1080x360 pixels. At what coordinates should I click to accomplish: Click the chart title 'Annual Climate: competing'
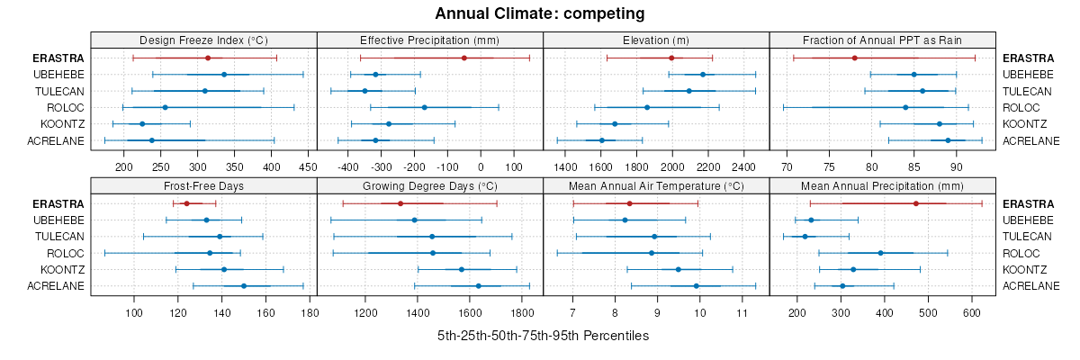click(x=540, y=13)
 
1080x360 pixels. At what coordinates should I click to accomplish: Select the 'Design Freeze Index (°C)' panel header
click(x=204, y=40)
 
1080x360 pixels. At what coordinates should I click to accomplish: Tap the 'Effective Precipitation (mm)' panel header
click(x=429, y=40)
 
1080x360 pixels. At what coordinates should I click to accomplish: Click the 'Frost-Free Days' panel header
click(x=204, y=186)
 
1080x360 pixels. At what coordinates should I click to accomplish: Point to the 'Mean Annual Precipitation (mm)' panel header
click(x=882, y=186)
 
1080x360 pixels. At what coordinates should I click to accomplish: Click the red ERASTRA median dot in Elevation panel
click(x=671, y=58)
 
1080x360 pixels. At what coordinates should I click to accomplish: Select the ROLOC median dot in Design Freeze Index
click(x=165, y=107)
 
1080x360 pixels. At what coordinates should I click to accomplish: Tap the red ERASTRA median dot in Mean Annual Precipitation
click(x=916, y=203)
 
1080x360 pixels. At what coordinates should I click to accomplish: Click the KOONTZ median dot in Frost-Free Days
click(x=224, y=269)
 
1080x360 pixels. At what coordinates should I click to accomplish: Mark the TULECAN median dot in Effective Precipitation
click(x=364, y=91)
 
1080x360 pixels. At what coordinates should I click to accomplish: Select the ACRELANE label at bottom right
click(x=1031, y=285)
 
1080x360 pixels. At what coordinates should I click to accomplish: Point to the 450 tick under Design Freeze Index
click(x=308, y=166)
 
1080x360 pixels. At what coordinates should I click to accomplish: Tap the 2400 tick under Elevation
click(x=743, y=166)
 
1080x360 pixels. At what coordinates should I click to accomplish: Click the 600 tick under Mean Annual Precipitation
click(x=972, y=312)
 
